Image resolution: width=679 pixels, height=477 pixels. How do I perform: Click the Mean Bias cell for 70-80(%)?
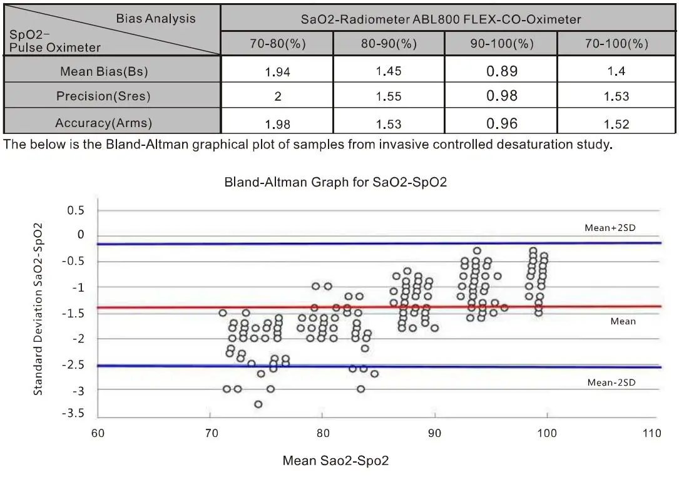277,71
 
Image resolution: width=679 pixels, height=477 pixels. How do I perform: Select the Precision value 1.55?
389,96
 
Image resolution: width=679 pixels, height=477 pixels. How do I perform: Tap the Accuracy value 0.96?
502,123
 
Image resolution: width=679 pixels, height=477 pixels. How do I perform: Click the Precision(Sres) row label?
103,96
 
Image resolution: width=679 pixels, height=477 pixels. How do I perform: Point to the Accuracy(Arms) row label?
103,123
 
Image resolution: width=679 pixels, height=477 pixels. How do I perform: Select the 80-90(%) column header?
389,44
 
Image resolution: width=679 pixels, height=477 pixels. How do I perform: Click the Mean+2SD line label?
610,228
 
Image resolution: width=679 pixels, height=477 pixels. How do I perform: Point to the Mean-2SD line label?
611,382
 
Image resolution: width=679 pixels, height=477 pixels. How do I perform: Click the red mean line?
375,307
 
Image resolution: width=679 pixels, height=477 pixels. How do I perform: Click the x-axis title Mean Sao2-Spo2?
336,461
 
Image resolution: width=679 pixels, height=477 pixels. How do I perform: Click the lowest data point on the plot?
258,404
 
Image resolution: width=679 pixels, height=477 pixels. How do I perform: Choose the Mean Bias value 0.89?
502,71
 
